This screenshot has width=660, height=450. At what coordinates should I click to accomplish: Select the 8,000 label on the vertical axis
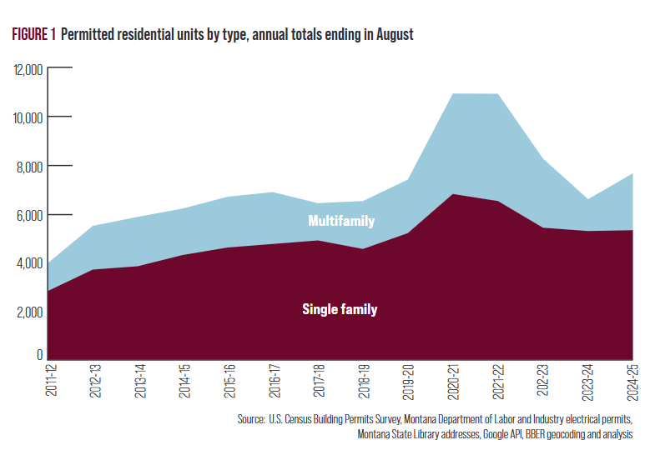pyautogui.click(x=31, y=167)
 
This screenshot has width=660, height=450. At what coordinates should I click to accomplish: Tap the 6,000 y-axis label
pyautogui.click(x=31, y=215)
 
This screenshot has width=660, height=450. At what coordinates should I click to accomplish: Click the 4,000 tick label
pyautogui.click(x=31, y=264)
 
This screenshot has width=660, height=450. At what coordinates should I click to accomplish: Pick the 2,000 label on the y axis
pyautogui.click(x=31, y=312)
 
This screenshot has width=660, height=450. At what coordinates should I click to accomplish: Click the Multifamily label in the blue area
pyautogui.click(x=341, y=222)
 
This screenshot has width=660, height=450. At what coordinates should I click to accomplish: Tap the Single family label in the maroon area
pyautogui.click(x=340, y=310)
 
